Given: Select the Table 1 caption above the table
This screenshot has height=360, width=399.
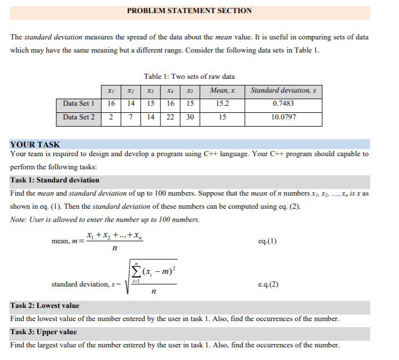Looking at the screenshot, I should [189, 76].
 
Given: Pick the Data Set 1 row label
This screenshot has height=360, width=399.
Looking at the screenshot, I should [79, 103].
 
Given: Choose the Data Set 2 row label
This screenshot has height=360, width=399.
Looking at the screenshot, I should [79, 117].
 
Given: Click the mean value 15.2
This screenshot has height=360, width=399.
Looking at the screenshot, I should [223, 103].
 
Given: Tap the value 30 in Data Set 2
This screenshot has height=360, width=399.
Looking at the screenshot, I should [189, 117].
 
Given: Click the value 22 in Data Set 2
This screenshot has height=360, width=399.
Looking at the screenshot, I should [170, 117].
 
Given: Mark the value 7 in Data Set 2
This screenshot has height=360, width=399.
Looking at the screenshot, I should [131, 117].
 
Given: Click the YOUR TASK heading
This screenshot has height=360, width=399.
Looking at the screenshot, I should [35, 145].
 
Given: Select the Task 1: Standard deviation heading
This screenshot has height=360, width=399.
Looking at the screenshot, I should [55, 180].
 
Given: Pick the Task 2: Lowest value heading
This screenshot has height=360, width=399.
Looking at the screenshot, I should [45, 305].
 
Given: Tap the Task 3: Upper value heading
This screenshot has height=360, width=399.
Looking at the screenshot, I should [44, 332].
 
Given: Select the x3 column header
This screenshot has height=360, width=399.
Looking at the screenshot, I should [150, 90].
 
